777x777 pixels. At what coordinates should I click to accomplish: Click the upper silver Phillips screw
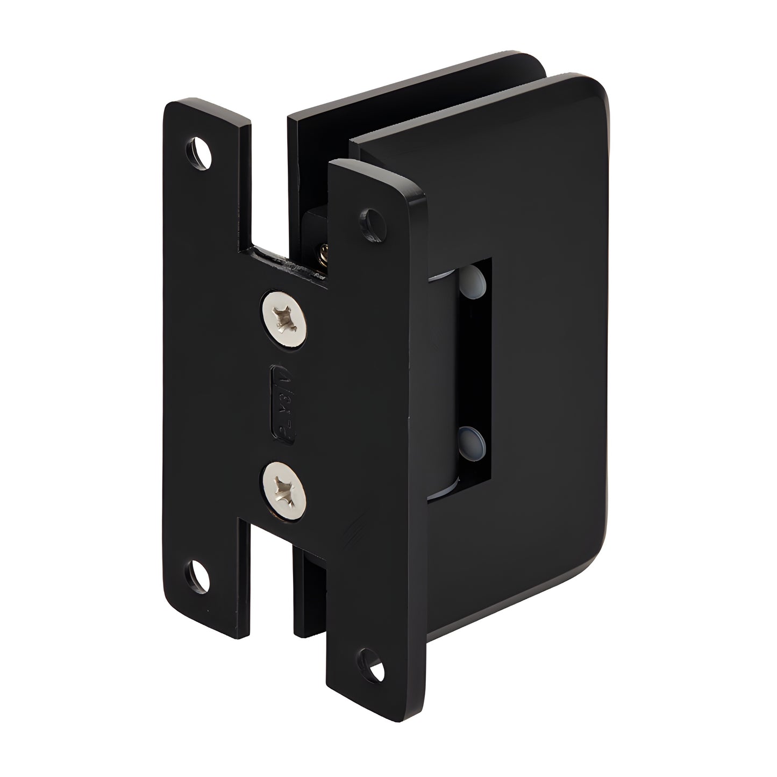pyautogui.click(x=284, y=320)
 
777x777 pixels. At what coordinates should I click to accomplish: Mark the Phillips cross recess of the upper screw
pyautogui.click(x=284, y=320)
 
